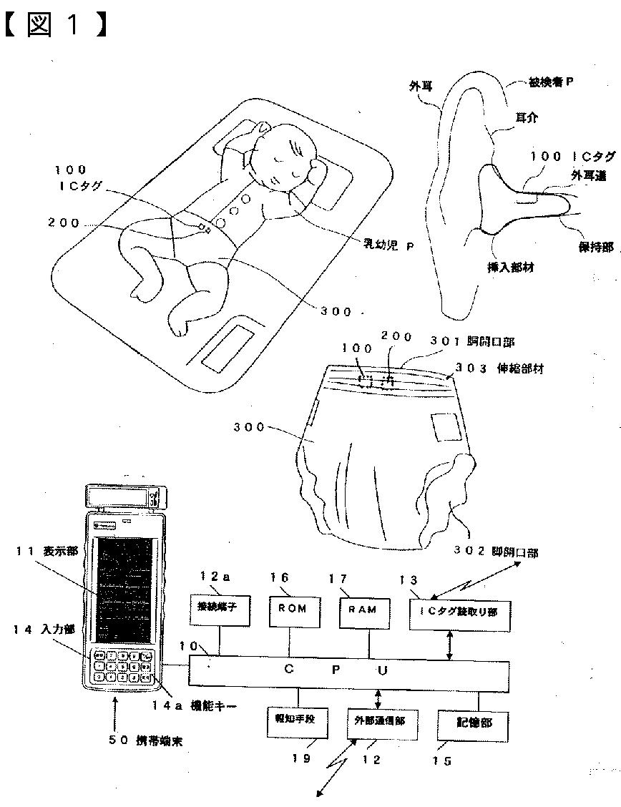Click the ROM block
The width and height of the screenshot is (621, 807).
(x=293, y=609)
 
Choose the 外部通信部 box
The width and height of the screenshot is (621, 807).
(x=379, y=722)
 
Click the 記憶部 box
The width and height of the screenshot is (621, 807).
(x=474, y=723)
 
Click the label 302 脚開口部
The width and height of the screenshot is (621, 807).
(x=496, y=552)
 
